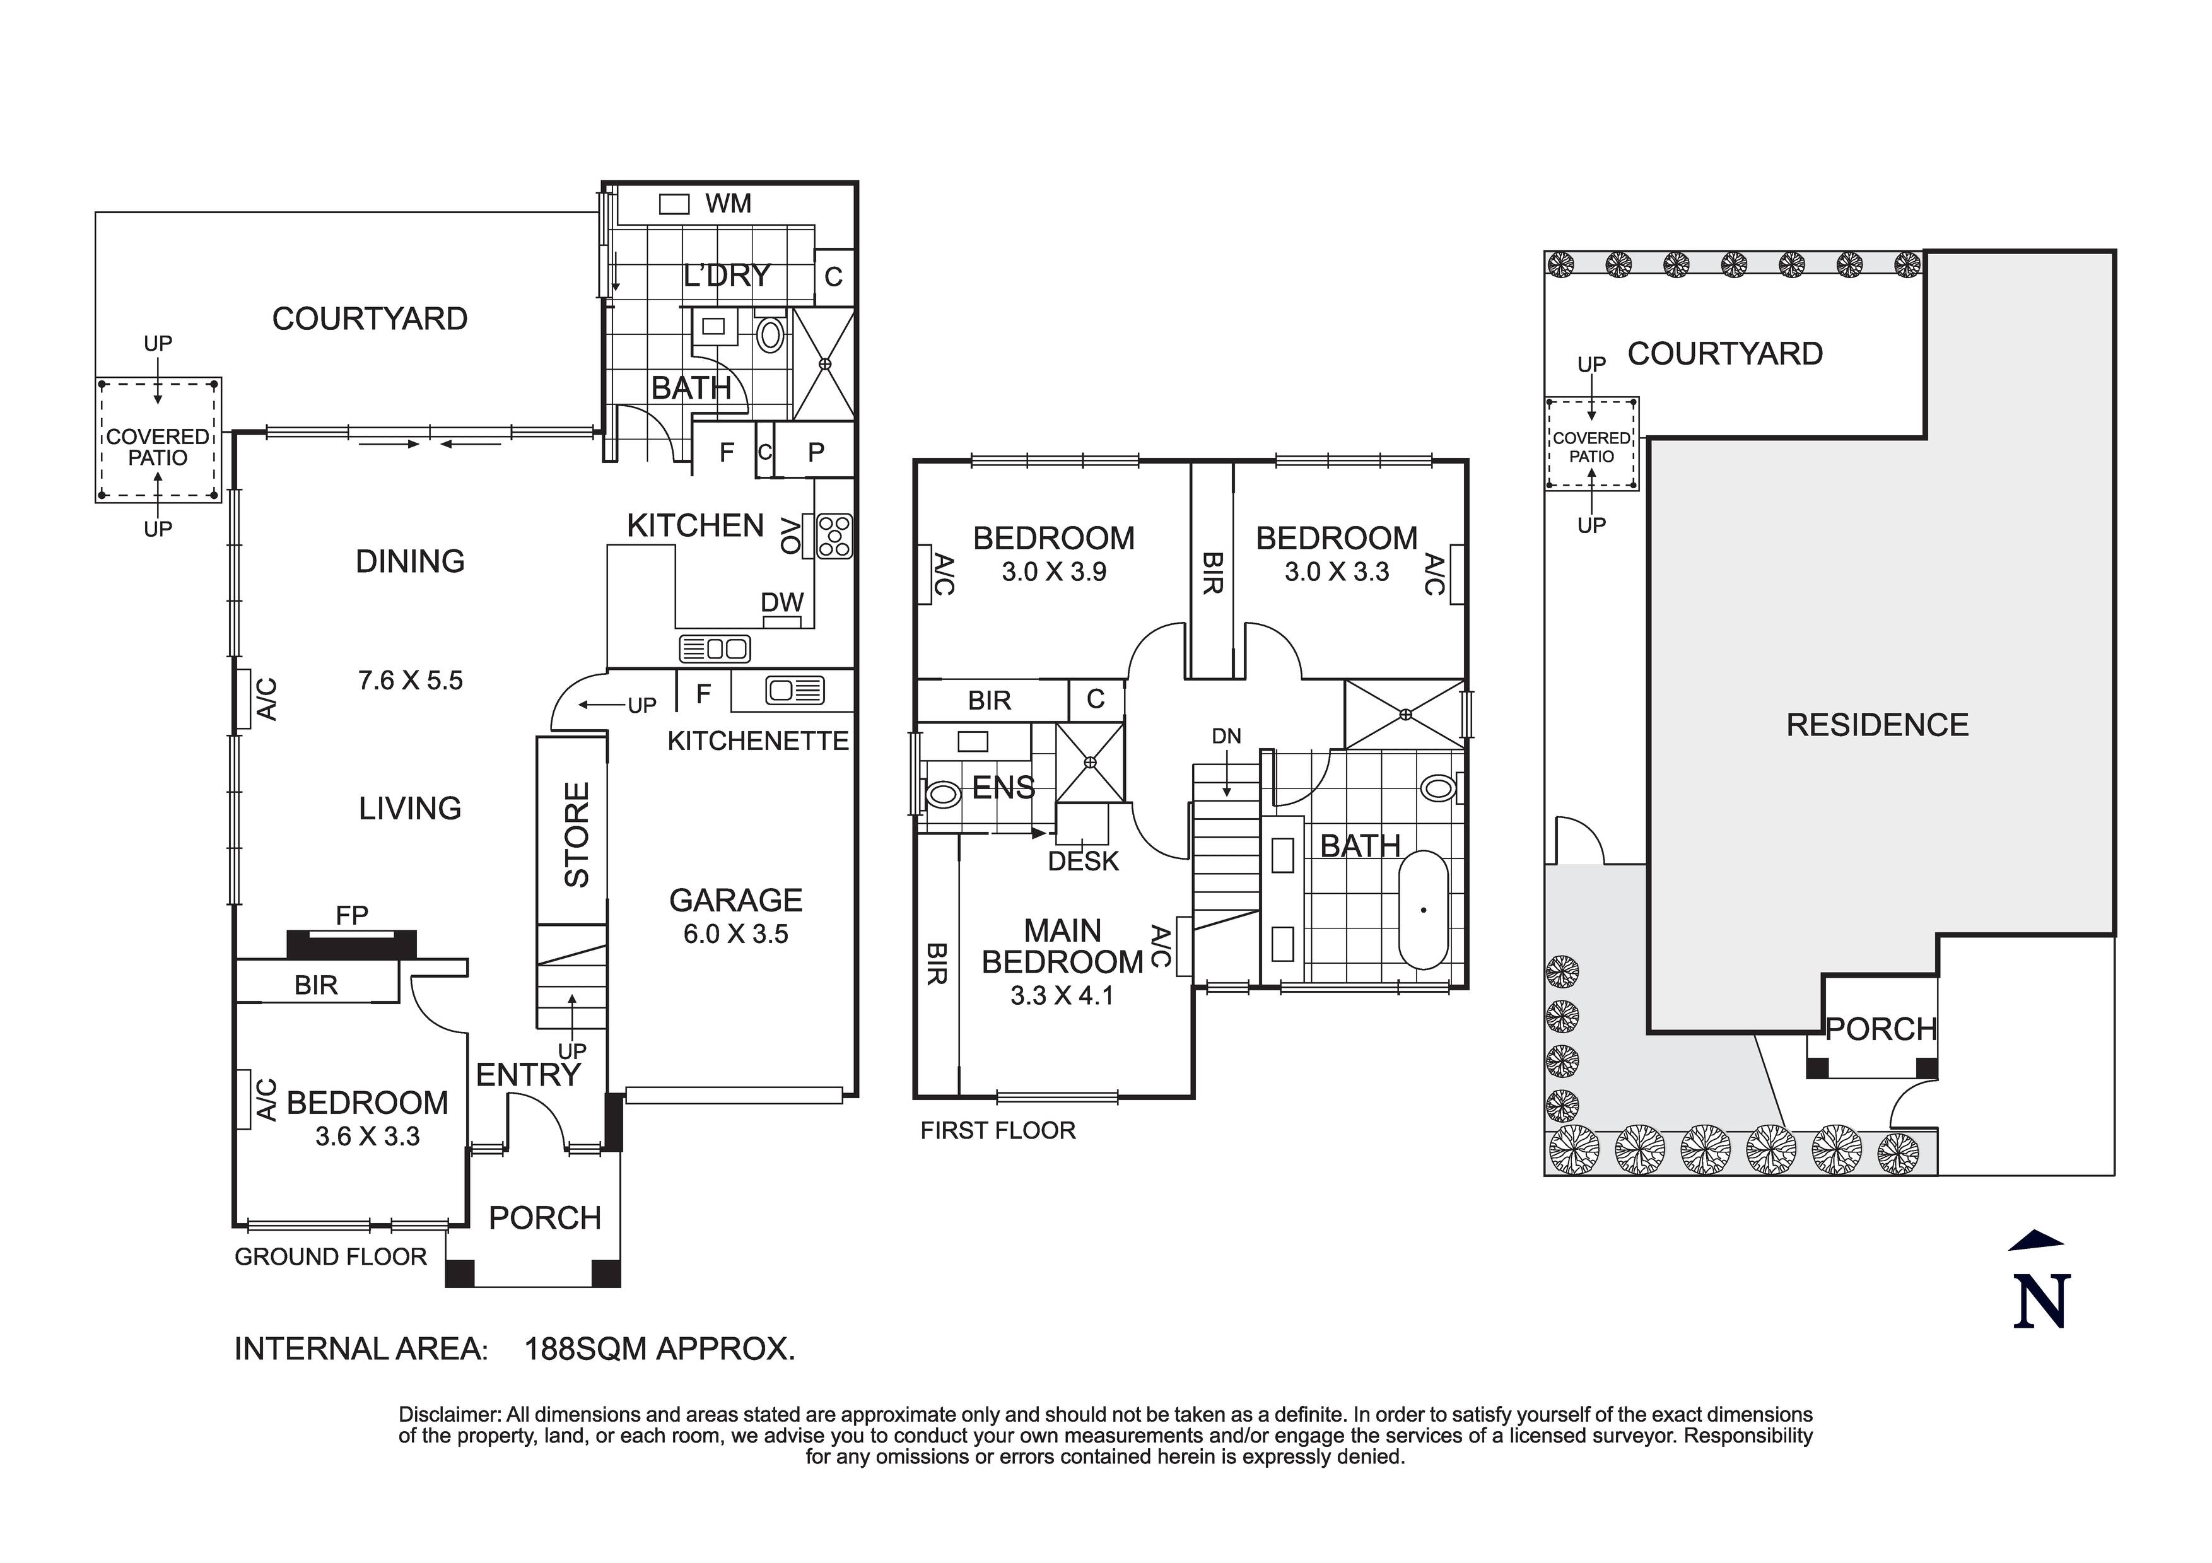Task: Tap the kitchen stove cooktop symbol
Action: pos(834,536)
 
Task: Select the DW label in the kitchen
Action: pos(781,602)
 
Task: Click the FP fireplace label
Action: pos(352,915)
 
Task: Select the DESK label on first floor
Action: pos(1083,860)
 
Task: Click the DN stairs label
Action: pos(1226,736)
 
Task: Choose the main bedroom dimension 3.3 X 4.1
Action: pos(1062,995)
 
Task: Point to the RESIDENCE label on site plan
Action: pos(1876,725)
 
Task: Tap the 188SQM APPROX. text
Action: pos(659,1348)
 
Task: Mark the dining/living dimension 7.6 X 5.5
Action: pos(411,681)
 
